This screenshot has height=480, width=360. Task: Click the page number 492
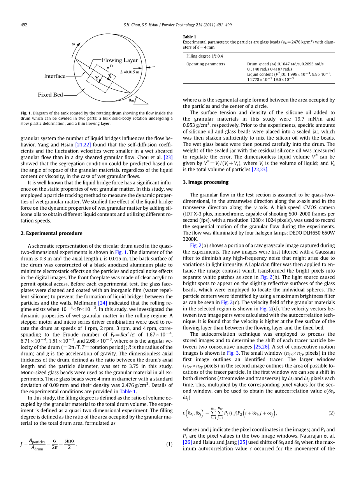pyautogui.click(x=24, y=25)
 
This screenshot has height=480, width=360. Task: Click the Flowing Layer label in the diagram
pyautogui.click(x=119, y=60)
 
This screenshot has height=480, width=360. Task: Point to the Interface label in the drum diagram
pyautogui.click(x=54, y=76)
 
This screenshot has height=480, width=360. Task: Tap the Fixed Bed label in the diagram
pyautogui.click(x=50, y=95)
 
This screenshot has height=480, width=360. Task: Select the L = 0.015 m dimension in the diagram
pyautogui.click(x=130, y=72)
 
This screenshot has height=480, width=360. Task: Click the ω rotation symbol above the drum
pyautogui.click(x=73, y=44)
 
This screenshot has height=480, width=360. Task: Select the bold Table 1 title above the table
pyautogui.click(x=190, y=37)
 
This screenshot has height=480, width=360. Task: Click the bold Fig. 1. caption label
pyautogui.click(x=26, y=113)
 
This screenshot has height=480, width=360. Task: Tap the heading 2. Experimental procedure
pyautogui.click(x=51, y=233)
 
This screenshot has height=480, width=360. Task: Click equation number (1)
pyautogui.click(x=169, y=444)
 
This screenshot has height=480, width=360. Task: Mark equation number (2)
pyautogui.click(x=331, y=413)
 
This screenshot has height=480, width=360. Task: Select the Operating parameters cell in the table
pyautogui.click(x=205, y=64)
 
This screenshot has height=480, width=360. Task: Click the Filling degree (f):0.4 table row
pyautogui.click(x=205, y=56)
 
